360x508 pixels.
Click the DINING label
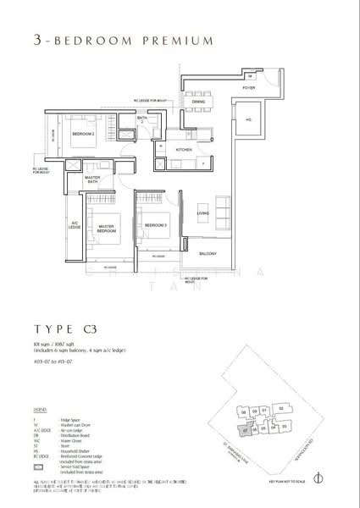point(198,102)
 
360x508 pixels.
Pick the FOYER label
point(248,87)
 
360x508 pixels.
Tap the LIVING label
point(203,213)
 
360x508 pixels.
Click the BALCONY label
point(208,253)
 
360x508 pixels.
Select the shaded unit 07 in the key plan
point(245,430)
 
